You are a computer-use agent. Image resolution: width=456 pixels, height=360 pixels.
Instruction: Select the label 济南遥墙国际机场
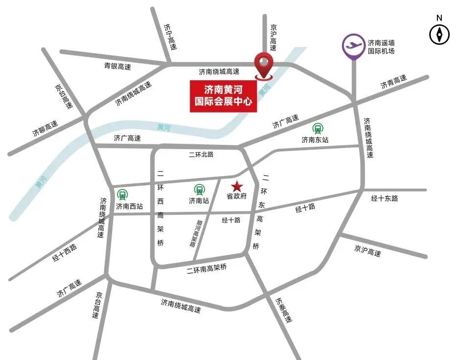tap(381, 46)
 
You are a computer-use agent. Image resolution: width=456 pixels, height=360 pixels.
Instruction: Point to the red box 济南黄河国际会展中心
tap(224, 96)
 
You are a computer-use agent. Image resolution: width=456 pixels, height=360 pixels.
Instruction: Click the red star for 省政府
tap(237, 186)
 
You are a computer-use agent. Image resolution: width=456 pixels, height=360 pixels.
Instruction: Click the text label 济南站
tap(199, 200)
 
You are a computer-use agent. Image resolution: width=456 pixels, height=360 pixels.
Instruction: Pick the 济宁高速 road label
tap(170, 37)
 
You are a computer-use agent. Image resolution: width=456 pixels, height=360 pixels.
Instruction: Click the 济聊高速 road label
tap(45, 128)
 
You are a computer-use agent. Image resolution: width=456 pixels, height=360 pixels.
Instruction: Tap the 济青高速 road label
tap(393, 82)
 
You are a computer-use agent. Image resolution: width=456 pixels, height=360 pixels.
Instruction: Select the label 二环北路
tap(201, 155)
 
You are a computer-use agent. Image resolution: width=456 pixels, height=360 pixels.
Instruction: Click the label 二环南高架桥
tap(207, 269)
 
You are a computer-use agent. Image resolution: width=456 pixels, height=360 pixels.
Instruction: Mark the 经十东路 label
tap(385, 198)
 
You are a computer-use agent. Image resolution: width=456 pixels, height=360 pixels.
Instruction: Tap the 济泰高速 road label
tap(284, 310)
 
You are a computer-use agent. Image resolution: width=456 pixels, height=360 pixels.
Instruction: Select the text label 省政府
tap(236, 196)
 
